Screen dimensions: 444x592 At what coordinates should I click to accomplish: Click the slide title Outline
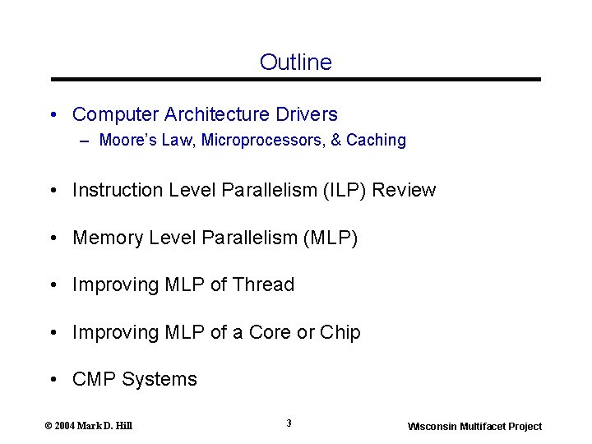(295, 62)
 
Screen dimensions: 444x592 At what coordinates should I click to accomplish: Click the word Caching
(377, 140)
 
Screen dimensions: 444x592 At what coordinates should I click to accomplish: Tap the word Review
(405, 190)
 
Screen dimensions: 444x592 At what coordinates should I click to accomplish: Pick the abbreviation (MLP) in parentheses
(331, 238)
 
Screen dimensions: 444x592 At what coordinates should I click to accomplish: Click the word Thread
(263, 284)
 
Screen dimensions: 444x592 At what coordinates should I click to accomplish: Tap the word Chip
(340, 332)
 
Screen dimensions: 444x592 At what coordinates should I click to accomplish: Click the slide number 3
(289, 423)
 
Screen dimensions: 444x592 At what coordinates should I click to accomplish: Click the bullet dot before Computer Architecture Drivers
(53, 114)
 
